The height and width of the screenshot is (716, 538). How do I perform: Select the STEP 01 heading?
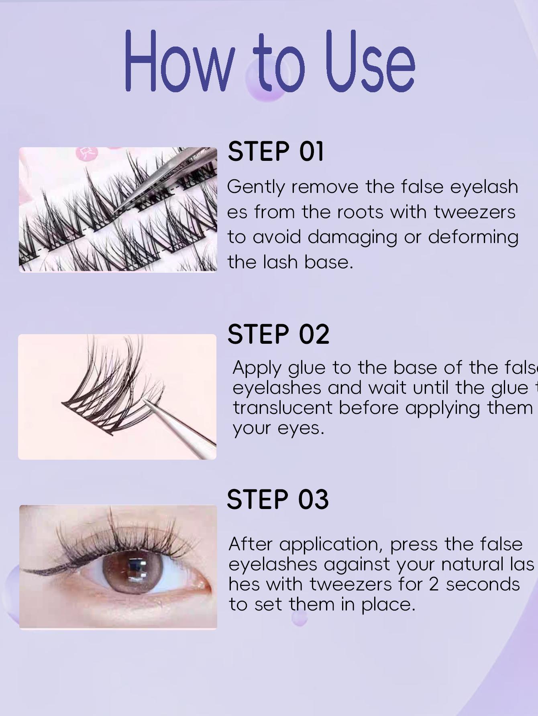click(x=276, y=152)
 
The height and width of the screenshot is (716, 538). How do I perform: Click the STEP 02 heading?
click(x=278, y=334)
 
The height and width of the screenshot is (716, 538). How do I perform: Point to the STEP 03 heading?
click(x=278, y=499)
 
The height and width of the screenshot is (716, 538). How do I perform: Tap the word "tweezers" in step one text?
click(x=475, y=212)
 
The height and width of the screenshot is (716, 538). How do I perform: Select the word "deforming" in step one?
click(x=473, y=237)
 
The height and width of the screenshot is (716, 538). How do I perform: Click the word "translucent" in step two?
click(x=283, y=408)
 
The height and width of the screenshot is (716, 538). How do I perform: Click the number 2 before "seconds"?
click(x=434, y=584)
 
